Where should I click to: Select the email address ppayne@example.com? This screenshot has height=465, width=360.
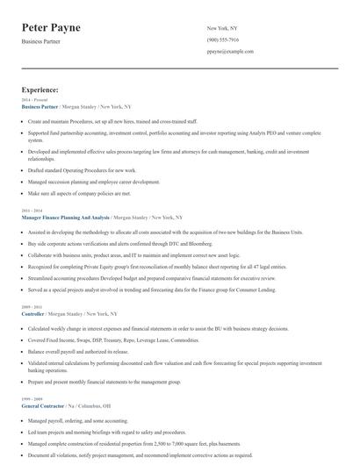coord(230,53)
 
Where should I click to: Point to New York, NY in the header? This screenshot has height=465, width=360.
coord(222,28)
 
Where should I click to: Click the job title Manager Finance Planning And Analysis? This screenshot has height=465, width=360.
coord(66,216)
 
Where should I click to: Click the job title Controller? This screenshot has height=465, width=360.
coord(32,313)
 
